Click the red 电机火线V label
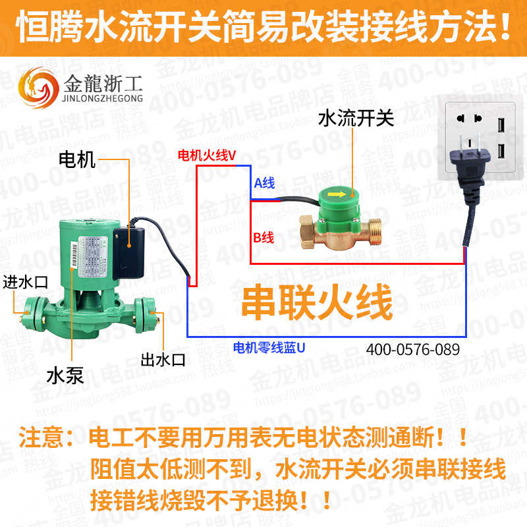point(206,155)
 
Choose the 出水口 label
point(163,360)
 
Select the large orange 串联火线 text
point(317,302)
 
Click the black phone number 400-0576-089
point(412,349)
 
